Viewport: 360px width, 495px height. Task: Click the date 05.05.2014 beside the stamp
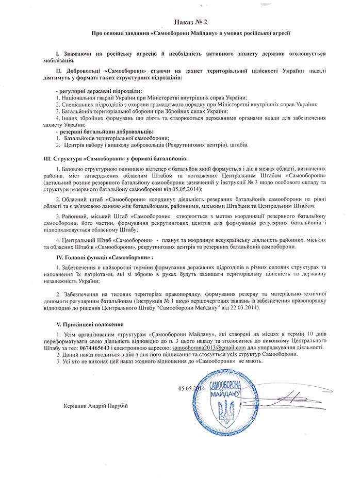[191, 388]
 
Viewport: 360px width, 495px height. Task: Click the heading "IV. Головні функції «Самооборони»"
[105, 256]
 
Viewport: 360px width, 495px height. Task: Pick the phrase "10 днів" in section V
[314, 335]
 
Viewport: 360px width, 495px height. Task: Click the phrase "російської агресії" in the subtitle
[262, 35]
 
